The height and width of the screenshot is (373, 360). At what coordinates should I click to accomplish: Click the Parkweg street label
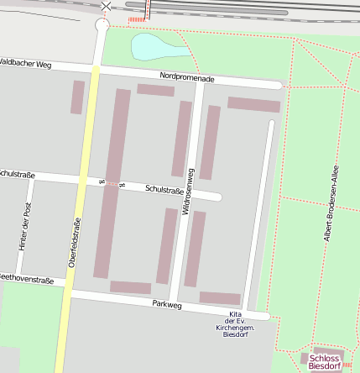(x=167, y=305)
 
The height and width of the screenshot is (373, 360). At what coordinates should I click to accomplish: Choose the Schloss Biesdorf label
(x=325, y=362)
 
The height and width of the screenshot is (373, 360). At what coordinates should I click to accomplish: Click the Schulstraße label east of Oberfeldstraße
(x=164, y=191)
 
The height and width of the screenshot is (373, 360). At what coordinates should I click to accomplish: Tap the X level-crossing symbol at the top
(x=106, y=7)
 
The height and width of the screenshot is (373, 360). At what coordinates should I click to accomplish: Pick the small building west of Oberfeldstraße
(x=77, y=97)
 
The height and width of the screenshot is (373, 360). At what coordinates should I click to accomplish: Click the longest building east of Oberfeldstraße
(x=112, y=182)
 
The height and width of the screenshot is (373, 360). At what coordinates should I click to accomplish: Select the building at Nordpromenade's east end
(x=253, y=104)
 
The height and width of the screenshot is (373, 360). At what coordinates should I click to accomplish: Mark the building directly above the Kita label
(x=220, y=297)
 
